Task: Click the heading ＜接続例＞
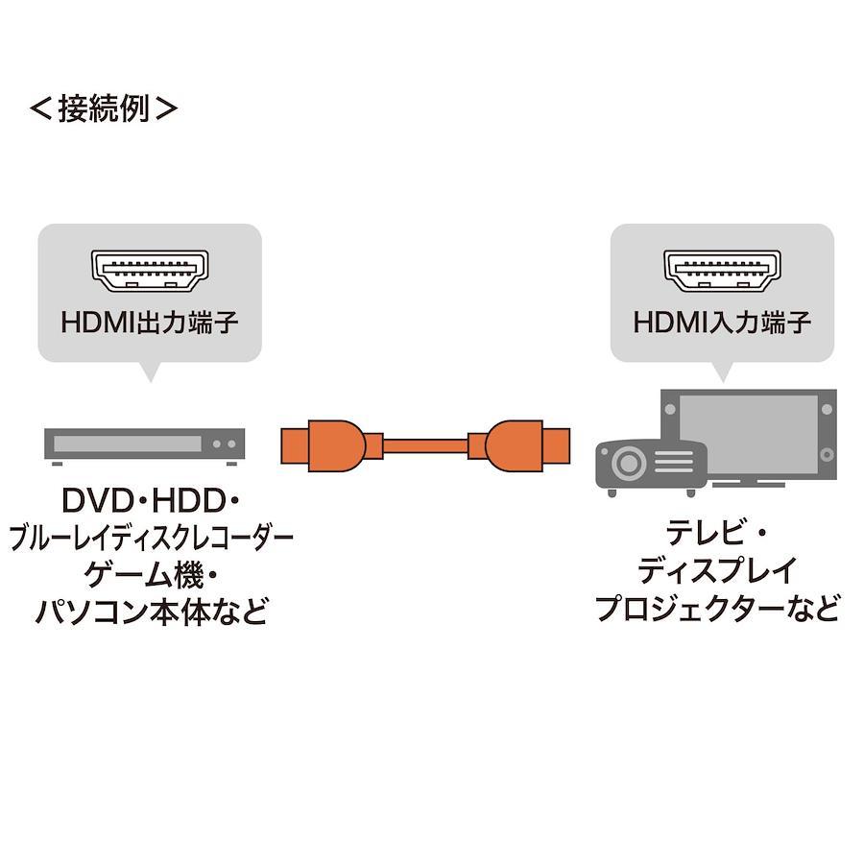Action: pyautogui.click(x=104, y=108)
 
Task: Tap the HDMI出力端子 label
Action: pyautogui.click(x=150, y=323)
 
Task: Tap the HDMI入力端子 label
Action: pyautogui.click(x=722, y=323)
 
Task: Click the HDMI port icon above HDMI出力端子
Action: pyautogui.click(x=150, y=271)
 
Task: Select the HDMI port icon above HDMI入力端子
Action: pyautogui.click(x=722, y=271)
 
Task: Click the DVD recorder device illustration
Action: pyautogui.click(x=144, y=446)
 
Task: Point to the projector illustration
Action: pyautogui.click(x=651, y=468)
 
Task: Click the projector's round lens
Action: pyautogui.click(x=628, y=464)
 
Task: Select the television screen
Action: pyautogui.click(x=748, y=434)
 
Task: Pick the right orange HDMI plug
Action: pyautogui.click(x=518, y=445)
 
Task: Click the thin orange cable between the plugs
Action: pyautogui.click(x=425, y=445)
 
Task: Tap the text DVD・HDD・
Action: pyautogui.click(x=150, y=500)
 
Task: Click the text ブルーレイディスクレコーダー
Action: pyautogui.click(x=151, y=538)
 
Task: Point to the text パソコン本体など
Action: pyautogui.click(x=151, y=612)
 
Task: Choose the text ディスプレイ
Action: pyautogui.click(x=717, y=571)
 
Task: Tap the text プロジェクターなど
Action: pyautogui.click(x=717, y=609)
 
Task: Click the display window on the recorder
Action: pyautogui.click(x=128, y=444)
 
